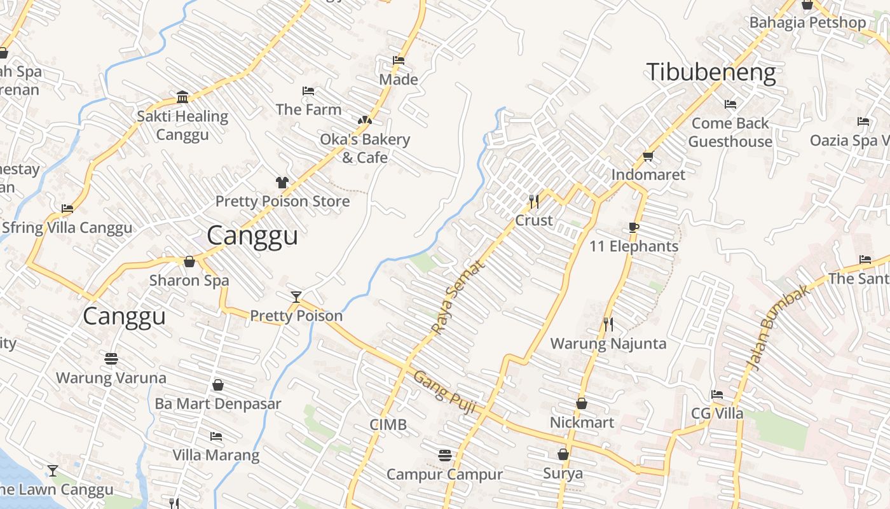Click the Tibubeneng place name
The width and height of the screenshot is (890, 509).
click(711, 73)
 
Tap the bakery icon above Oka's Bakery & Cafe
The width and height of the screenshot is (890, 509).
click(364, 120)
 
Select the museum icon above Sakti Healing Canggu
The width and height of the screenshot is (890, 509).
click(182, 97)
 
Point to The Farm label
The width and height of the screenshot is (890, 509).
click(308, 109)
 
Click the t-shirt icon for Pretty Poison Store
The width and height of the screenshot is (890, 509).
click(282, 183)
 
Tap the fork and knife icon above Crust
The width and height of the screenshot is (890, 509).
click(534, 202)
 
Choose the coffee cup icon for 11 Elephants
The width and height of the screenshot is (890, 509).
click(633, 228)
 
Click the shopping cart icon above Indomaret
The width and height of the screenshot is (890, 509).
click(648, 156)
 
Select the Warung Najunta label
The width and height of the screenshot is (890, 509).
click(608, 344)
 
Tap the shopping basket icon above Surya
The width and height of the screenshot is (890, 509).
click(563, 454)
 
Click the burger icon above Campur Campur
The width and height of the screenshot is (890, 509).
click(444, 456)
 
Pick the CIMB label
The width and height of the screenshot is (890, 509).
click(388, 424)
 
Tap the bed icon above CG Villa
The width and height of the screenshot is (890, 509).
click(717, 394)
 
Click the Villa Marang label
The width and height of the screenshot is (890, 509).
click(216, 455)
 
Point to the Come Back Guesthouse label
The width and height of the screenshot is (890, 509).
click(730, 132)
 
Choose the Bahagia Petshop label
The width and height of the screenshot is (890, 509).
click(807, 23)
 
